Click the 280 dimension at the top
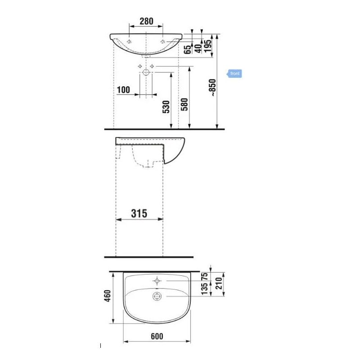click(146, 21)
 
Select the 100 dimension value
click(123, 90)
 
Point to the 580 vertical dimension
click(184, 104)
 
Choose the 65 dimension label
click(187, 49)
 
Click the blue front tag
click(234, 73)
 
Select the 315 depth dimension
click(139, 213)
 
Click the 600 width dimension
click(157, 336)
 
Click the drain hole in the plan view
click(157, 296)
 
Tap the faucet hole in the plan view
click(157, 281)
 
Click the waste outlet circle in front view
click(146, 72)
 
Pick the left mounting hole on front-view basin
click(130, 42)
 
